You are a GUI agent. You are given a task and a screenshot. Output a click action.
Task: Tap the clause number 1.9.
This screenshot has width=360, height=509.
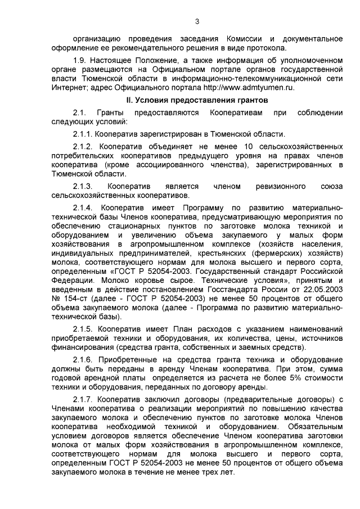tap(80, 58)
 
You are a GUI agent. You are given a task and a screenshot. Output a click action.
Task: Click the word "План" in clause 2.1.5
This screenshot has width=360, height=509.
tap(163, 327)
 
